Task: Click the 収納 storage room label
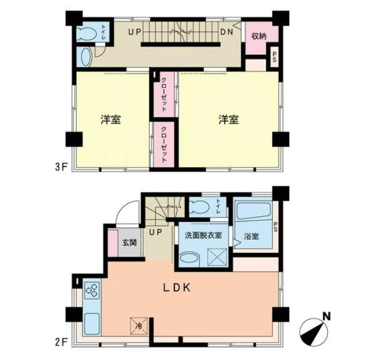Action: click(x=259, y=36)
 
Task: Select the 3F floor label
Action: click(x=61, y=167)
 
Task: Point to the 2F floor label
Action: click(x=61, y=343)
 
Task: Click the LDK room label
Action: click(x=177, y=288)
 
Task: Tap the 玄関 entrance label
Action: click(x=130, y=243)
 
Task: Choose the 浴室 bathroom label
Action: click(x=251, y=236)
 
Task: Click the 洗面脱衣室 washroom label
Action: click(x=203, y=235)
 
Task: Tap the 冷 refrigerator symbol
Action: click(x=139, y=326)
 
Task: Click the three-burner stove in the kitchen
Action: click(x=92, y=290)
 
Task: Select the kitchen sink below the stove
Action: click(x=92, y=324)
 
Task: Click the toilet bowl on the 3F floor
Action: click(x=86, y=34)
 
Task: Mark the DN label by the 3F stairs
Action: click(x=226, y=32)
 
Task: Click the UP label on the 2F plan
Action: click(x=155, y=232)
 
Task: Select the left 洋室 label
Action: click(x=111, y=120)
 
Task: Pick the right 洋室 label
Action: click(x=229, y=120)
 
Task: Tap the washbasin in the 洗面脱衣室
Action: click(x=189, y=258)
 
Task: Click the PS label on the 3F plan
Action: click(x=274, y=57)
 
